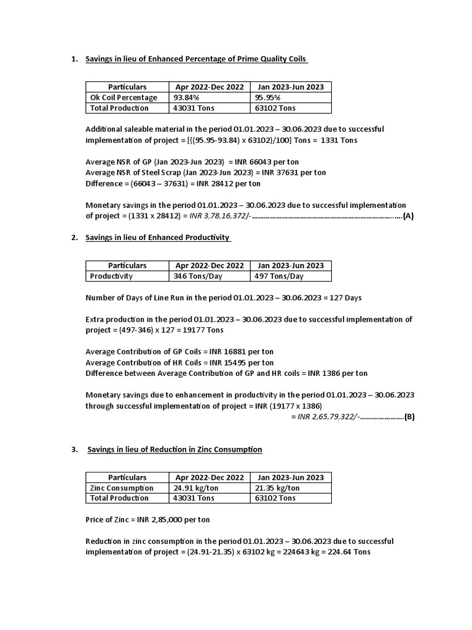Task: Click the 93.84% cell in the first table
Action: [x=187, y=97]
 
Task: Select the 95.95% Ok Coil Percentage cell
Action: [x=267, y=97]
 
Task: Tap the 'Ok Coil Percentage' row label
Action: [x=124, y=97]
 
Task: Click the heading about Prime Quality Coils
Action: [x=196, y=59]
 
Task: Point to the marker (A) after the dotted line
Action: [x=408, y=216]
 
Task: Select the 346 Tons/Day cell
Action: [x=198, y=276]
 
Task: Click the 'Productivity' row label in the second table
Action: [x=111, y=276]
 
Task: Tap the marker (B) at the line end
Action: [x=409, y=417]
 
